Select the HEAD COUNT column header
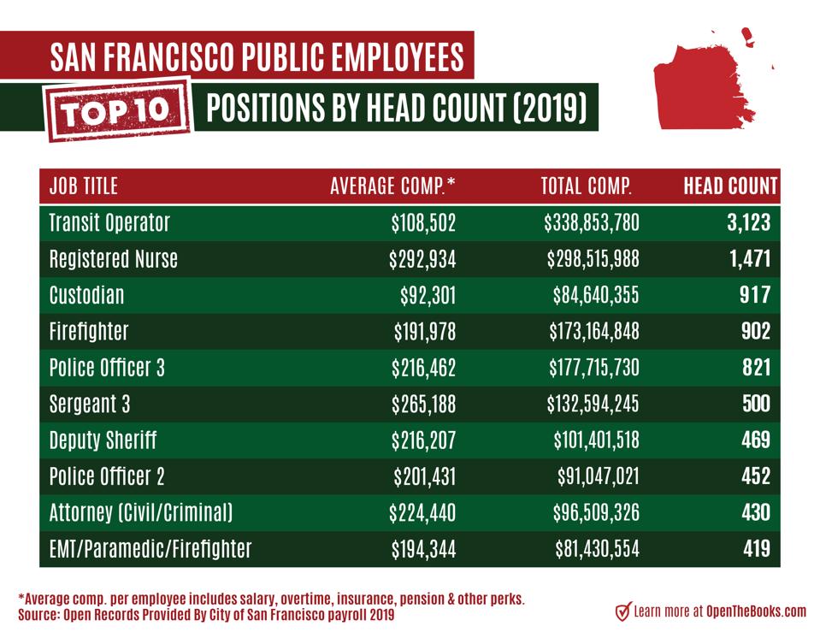click(730, 186)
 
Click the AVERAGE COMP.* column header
click(392, 186)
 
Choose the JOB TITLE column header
click(84, 186)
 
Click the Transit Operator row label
click(109, 223)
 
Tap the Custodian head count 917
click(755, 296)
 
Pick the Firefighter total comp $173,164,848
click(593, 332)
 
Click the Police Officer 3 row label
click(107, 368)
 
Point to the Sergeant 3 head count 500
click(755, 404)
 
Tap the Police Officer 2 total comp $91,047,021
click(597, 476)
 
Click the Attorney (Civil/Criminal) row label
click(141, 513)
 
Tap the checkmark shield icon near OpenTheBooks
click(623, 611)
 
